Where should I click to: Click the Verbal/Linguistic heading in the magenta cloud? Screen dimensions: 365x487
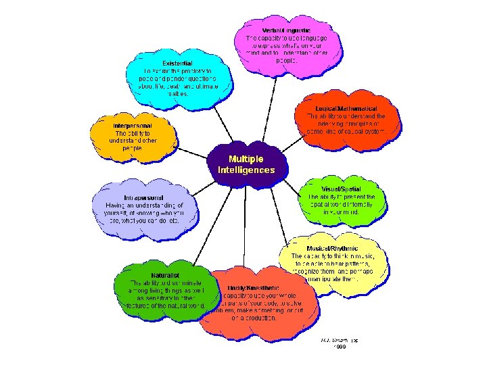pos(286,30)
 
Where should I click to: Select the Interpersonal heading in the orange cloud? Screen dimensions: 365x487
pos(133,126)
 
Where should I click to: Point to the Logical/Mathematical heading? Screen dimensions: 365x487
pos(346,108)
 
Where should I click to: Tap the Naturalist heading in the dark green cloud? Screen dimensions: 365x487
pos(165,275)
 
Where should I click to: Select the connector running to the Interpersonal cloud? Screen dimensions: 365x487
pos(193,151)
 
